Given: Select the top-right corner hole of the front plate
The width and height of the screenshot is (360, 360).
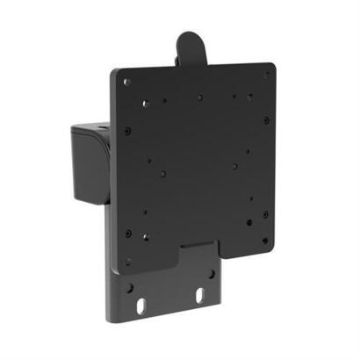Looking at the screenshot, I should (266, 75).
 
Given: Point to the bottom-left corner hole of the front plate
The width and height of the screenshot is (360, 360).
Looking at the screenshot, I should (128, 261).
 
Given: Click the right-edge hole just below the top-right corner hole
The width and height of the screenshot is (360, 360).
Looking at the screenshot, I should (263, 89).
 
